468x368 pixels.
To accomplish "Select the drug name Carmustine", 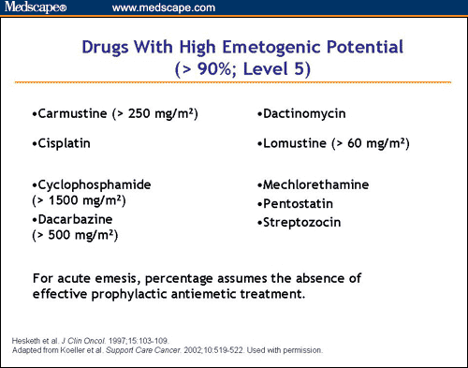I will pos(69,114).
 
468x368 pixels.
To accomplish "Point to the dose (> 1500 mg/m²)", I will pos(80,200).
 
